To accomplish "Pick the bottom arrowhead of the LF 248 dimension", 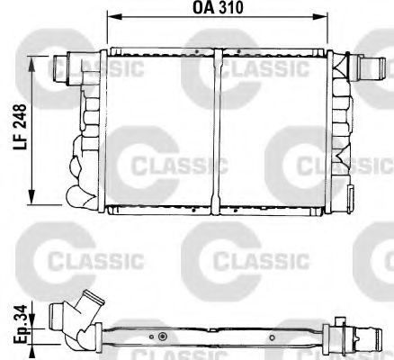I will coord(33,202).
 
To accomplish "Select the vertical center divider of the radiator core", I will coord(219,130).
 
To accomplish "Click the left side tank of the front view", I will coord(94,130).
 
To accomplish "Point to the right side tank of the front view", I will coord(339,130).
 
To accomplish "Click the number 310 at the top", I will coord(233,8).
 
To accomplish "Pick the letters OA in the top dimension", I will coord(201,8).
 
